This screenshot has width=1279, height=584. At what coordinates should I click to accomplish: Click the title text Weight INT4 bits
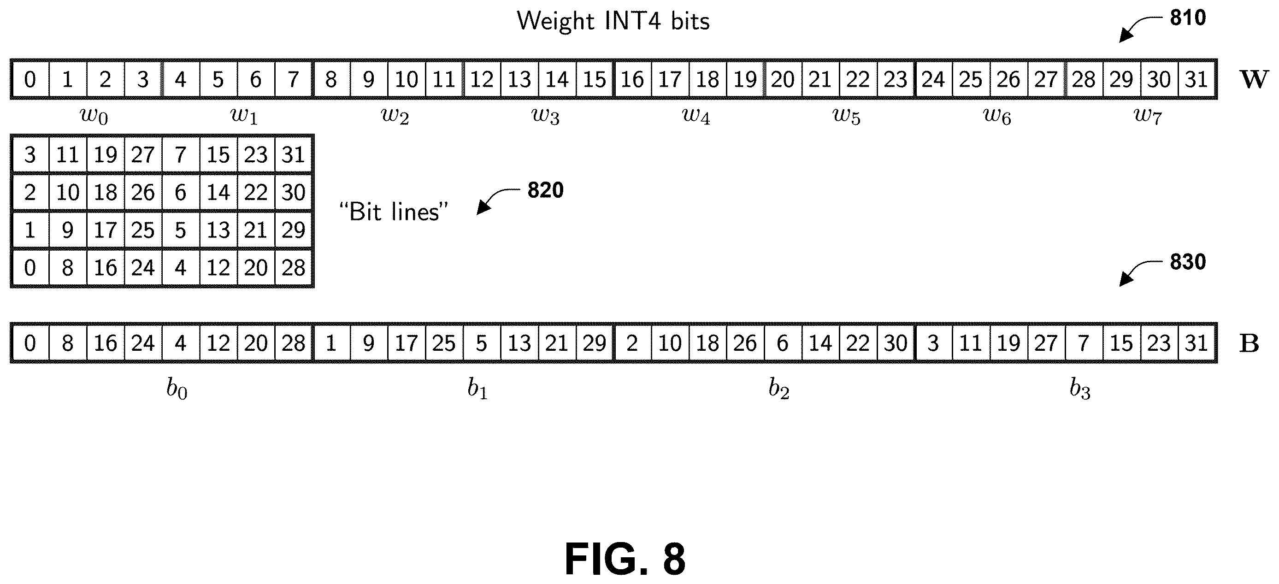613,21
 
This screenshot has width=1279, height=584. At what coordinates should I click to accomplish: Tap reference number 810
1188,18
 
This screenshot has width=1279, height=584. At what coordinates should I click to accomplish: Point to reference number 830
1188,262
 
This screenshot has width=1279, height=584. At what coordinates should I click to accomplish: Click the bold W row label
1254,79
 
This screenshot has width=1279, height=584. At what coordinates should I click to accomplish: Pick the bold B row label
1249,343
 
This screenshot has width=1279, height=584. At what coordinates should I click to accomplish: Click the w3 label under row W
545,116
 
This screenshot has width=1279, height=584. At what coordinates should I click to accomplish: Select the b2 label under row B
778,389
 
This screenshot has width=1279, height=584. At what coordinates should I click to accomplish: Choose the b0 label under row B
177,389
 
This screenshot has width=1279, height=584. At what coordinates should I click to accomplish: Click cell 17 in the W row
670,79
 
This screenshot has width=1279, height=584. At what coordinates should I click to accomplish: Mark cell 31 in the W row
1196,79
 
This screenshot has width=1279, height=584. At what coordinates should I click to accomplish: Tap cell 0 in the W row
30,79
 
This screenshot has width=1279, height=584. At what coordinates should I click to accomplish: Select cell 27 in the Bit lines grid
143,155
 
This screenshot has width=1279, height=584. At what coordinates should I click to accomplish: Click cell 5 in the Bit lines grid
181,230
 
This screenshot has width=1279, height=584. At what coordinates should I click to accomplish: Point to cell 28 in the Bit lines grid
294,268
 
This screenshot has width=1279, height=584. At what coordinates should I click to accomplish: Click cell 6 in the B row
783,343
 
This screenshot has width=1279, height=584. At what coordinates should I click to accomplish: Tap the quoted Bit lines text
394,212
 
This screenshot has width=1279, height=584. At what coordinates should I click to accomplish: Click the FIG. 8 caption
625,559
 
